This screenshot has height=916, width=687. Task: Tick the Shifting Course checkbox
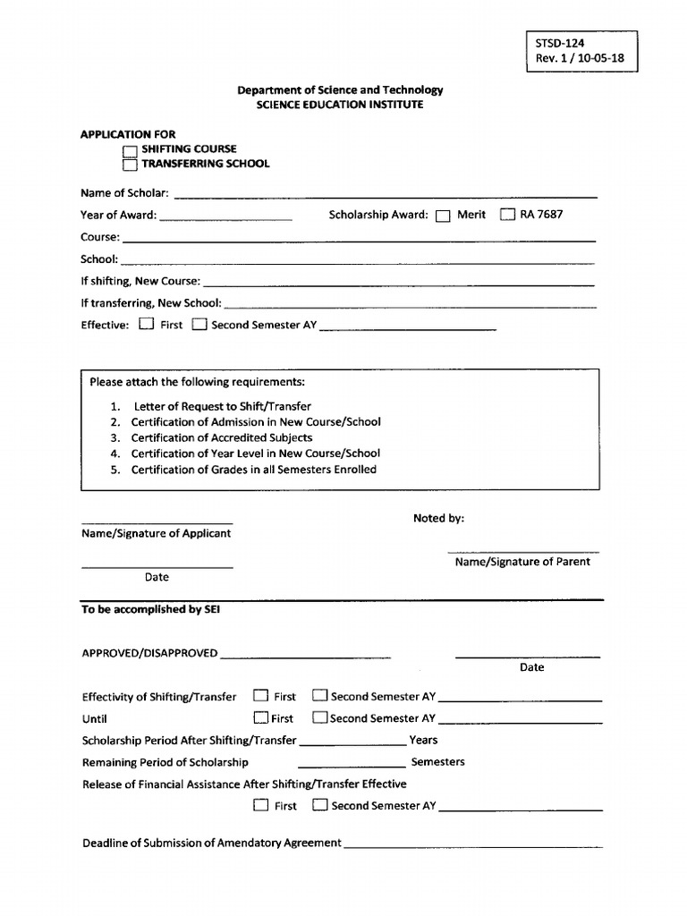[131, 150]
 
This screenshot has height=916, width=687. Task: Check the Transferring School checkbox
[131, 165]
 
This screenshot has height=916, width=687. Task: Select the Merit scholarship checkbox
[443, 216]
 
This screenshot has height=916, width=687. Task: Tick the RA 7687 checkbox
[507, 215]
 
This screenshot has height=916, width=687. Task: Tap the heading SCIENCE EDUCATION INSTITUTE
[340, 105]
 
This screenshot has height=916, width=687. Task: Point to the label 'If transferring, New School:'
[151, 303]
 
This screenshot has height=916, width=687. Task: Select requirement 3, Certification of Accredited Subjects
[221, 437]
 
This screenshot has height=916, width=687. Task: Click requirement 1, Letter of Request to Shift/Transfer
[222, 406]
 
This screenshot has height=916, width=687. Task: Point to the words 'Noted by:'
[438, 519]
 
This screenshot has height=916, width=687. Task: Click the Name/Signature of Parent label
[522, 562]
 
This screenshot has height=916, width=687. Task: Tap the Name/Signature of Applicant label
[157, 533]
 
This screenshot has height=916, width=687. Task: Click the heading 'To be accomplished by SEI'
[150, 609]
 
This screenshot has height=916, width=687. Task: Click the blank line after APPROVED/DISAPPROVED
[305, 655]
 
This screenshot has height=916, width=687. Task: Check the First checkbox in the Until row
[260, 717]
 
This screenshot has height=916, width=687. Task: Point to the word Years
[423, 740]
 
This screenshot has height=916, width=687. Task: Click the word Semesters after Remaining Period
[437, 762]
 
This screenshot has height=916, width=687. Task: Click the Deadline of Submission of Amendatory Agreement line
[472, 844]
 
